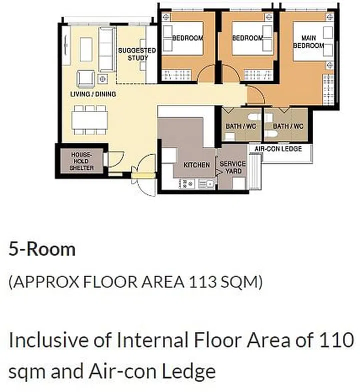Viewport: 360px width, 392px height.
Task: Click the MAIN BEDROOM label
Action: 308,41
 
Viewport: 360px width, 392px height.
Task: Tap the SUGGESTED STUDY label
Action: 136,54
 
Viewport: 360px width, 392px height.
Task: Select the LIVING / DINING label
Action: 93,94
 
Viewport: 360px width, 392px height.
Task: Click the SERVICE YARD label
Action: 232,167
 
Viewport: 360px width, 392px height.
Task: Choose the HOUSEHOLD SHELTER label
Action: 80,161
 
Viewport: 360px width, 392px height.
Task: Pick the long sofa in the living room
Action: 106,49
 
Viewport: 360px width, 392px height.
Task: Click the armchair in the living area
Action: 85,79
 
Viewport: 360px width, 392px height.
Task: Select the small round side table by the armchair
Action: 103,78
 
